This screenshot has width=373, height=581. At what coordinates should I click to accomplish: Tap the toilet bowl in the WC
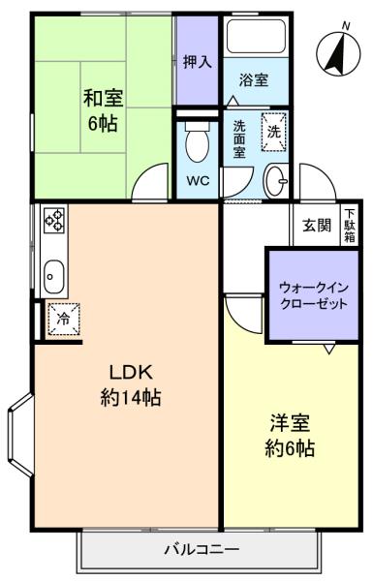click(197, 142)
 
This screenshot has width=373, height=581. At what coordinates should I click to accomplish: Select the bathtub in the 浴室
click(256, 37)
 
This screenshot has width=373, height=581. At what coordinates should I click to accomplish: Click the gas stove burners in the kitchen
click(54, 220)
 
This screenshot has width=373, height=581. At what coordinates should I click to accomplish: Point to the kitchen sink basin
click(54, 276)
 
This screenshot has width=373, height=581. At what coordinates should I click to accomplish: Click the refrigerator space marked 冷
click(64, 319)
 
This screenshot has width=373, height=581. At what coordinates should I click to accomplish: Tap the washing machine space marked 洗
click(274, 132)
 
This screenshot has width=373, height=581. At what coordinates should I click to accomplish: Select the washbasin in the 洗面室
click(276, 181)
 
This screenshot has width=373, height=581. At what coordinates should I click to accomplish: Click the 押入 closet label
click(198, 62)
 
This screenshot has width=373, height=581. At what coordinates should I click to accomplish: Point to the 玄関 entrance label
click(316, 225)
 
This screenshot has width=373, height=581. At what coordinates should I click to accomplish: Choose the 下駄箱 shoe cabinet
click(350, 226)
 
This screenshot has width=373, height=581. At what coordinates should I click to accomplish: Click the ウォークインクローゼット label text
click(314, 295)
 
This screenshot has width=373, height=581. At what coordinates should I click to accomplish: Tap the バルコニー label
click(202, 549)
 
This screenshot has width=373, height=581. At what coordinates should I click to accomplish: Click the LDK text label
click(131, 372)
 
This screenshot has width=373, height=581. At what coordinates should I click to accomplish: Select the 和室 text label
click(103, 98)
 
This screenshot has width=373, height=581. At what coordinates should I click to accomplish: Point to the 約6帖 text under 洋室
click(290, 448)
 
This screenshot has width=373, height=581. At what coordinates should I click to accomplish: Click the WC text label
click(198, 180)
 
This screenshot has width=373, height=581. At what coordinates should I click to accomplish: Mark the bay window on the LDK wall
click(20, 435)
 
